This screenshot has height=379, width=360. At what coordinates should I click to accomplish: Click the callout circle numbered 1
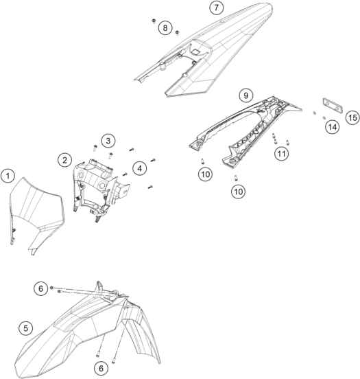(x=8, y=176)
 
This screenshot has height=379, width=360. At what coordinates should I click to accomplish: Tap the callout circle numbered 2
(x=64, y=160)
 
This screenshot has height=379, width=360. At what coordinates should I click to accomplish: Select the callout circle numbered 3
(x=108, y=141)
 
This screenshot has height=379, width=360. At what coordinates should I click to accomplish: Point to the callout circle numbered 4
(x=140, y=168)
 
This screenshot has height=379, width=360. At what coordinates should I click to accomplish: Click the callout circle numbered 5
(x=26, y=328)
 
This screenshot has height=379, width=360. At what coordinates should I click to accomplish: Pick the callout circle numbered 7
(x=216, y=8)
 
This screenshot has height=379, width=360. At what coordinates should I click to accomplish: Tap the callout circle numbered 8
(x=165, y=27)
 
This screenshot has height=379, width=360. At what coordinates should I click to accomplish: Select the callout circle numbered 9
(x=245, y=95)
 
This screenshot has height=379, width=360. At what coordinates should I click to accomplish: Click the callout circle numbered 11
(x=282, y=154)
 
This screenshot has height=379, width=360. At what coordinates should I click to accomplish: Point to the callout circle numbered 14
(x=333, y=127)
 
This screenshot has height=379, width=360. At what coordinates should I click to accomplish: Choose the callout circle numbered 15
(x=352, y=117)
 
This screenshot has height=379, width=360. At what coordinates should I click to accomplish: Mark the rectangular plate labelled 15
(x=333, y=105)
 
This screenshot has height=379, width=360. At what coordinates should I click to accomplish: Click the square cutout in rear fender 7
(x=195, y=51)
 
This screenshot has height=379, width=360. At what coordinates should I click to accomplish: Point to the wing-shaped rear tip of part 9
(x=296, y=107)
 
